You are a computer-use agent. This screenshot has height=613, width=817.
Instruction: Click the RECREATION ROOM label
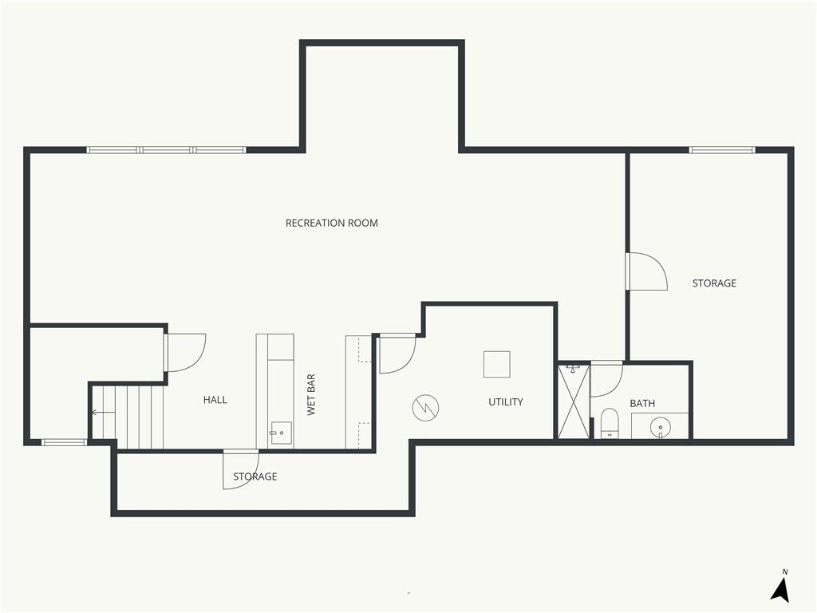click(331, 223)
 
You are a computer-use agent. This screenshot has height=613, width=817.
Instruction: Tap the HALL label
click(215, 400)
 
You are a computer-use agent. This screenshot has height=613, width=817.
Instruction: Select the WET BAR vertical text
click(311, 394)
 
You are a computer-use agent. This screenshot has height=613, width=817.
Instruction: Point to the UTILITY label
click(505, 402)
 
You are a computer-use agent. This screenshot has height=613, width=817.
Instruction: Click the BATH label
click(642, 403)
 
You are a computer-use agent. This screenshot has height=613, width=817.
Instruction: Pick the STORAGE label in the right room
click(714, 283)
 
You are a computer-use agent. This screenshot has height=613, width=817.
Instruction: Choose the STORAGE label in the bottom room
click(255, 477)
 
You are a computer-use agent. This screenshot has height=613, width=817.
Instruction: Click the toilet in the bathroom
click(609, 423)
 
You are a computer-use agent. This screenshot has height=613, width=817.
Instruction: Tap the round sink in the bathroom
click(660, 427)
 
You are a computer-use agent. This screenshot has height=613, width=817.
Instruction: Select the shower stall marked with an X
click(574, 401)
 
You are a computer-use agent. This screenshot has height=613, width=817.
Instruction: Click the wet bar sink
click(280, 433)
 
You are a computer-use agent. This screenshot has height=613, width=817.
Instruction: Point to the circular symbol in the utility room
click(425, 408)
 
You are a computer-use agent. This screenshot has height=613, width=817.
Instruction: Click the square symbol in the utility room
click(496, 364)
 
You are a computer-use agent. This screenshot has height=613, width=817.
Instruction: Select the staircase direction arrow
click(103, 413)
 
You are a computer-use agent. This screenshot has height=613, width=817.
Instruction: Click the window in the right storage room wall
click(722, 150)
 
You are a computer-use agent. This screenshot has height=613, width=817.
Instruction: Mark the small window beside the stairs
click(64, 442)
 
